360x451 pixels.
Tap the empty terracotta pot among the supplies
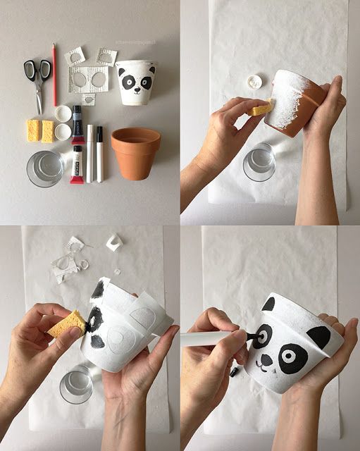(x=135, y=152)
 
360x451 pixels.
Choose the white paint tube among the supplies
(x=77, y=164)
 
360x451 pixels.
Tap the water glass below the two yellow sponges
(x=45, y=168)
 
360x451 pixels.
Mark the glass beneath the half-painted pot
(x=259, y=163)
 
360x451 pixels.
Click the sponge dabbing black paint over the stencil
(x=66, y=324)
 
